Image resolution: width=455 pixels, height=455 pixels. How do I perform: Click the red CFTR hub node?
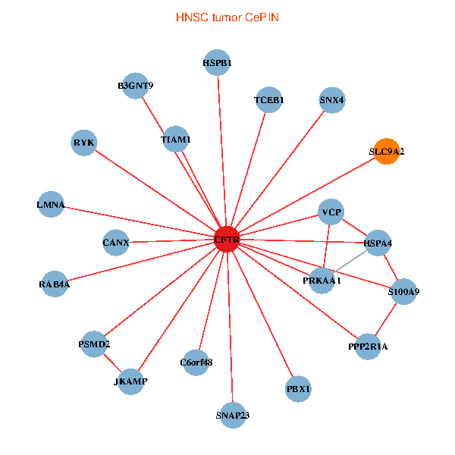tap(227, 240)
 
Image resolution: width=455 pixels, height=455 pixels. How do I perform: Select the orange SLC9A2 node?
tap(387, 152)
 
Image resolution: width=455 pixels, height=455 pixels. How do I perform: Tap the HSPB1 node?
tap(218, 64)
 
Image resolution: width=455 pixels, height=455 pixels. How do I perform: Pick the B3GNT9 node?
tap(136, 86)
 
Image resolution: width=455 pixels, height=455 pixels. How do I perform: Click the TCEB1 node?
tap(269, 100)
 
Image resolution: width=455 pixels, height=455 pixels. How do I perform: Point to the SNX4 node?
tap(332, 100)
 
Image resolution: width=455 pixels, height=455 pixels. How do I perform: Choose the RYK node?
tap(83, 143)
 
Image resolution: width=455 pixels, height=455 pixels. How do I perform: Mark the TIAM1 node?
tap(176, 140)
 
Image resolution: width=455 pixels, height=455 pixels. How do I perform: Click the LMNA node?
tap(51, 205)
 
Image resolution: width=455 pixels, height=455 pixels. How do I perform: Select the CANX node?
tap(116, 243)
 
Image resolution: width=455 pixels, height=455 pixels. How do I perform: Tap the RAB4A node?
tap(55, 284)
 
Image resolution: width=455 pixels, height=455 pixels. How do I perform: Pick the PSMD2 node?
tap(95, 345)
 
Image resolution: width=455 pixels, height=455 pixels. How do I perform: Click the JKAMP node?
tap(130, 381)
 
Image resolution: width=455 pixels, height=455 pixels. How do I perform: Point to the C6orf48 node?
tap(196, 362)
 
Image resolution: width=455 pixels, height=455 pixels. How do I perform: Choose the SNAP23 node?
tap(232, 415)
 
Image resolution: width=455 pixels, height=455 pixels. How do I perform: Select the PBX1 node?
tap(299, 389)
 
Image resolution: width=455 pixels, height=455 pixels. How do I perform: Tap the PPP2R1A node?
tap(368, 347)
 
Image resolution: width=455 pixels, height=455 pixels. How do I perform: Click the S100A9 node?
tap(403, 291)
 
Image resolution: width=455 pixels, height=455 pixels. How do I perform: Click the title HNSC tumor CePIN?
tap(227, 17)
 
